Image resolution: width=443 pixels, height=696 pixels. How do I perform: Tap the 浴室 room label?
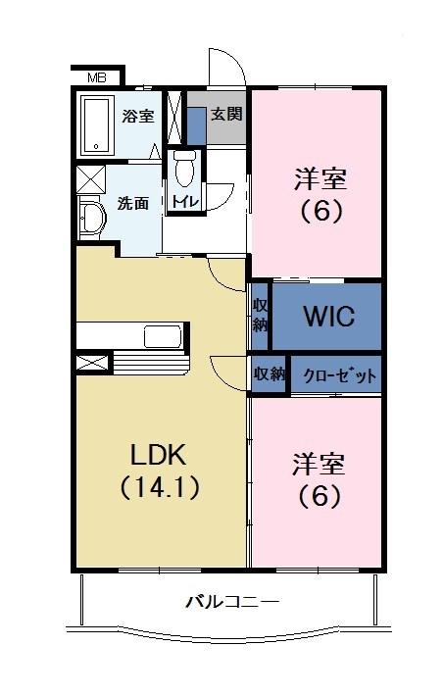137,116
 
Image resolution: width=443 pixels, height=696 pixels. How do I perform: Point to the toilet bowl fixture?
184,170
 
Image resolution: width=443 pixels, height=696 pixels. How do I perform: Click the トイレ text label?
184,202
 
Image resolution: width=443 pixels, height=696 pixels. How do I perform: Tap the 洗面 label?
133,204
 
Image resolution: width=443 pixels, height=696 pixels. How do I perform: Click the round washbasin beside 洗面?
90,217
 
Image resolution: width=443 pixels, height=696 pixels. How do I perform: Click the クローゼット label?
335,375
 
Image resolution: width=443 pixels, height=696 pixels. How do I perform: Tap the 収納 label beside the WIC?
260,316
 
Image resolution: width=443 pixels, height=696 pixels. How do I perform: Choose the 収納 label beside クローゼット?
270,373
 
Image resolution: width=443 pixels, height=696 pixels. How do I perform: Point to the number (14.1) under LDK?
160,487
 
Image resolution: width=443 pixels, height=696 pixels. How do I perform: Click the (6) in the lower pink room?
320,495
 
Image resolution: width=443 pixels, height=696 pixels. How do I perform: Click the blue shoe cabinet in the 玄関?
196,125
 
